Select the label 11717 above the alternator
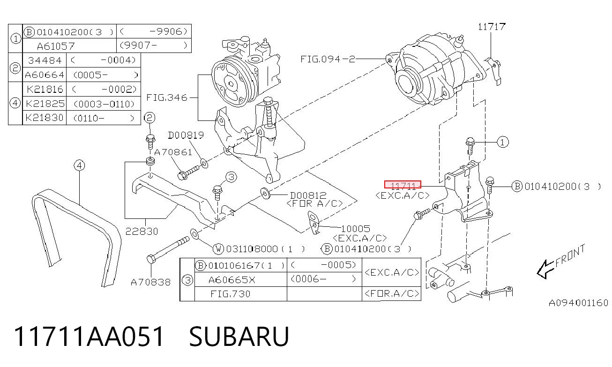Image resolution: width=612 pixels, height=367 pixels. [x=492, y=27]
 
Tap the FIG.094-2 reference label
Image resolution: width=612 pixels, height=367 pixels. [x=328, y=59]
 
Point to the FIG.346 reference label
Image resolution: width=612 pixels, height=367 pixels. [x=167, y=97]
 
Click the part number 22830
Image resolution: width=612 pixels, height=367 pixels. [x=142, y=232]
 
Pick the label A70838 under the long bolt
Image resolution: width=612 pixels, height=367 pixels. [x=151, y=282]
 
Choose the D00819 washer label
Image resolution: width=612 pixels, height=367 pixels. [x=186, y=135]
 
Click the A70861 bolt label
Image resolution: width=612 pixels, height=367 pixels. [x=173, y=152]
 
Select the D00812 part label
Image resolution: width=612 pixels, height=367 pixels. [x=308, y=195]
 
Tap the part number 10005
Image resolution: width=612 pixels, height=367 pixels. [x=356, y=228]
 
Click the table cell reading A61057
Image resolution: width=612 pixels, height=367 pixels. [x=56, y=46]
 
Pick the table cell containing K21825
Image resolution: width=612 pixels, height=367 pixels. [x=45, y=104]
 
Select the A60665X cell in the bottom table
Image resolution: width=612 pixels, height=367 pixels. [x=231, y=280]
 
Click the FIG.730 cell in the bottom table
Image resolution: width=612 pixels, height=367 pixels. [x=230, y=294]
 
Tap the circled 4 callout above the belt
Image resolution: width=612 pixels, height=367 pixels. [x=80, y=165]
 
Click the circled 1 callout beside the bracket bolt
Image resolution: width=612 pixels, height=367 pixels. [x=503, y=142]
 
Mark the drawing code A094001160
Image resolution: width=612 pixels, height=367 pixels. [x=579, y=303]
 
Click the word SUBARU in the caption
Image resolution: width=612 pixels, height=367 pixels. [x=239, y=337]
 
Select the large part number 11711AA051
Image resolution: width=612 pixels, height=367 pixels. [x=89, y=337]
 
